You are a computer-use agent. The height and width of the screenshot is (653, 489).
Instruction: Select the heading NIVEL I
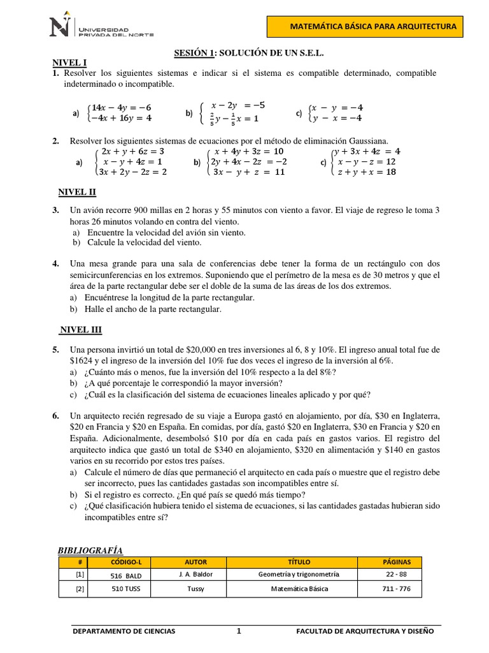(69, 62)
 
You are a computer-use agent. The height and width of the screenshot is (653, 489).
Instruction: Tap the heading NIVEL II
(77, 193)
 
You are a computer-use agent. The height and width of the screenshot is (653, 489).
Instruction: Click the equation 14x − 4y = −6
(122, 107)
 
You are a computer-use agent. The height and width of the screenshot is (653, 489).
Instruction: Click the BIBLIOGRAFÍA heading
(90, 550)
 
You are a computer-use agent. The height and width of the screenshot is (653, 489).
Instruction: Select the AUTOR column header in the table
(195, 562)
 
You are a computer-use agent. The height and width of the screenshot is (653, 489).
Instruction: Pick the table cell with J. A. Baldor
(195, 574)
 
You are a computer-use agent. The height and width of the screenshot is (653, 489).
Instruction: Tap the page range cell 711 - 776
(396, 589)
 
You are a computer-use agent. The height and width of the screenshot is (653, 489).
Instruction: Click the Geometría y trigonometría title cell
(299, 574)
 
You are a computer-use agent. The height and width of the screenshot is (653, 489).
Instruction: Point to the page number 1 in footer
(239, 631)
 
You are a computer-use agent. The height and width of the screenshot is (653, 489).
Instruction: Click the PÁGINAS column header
(396, 562)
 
